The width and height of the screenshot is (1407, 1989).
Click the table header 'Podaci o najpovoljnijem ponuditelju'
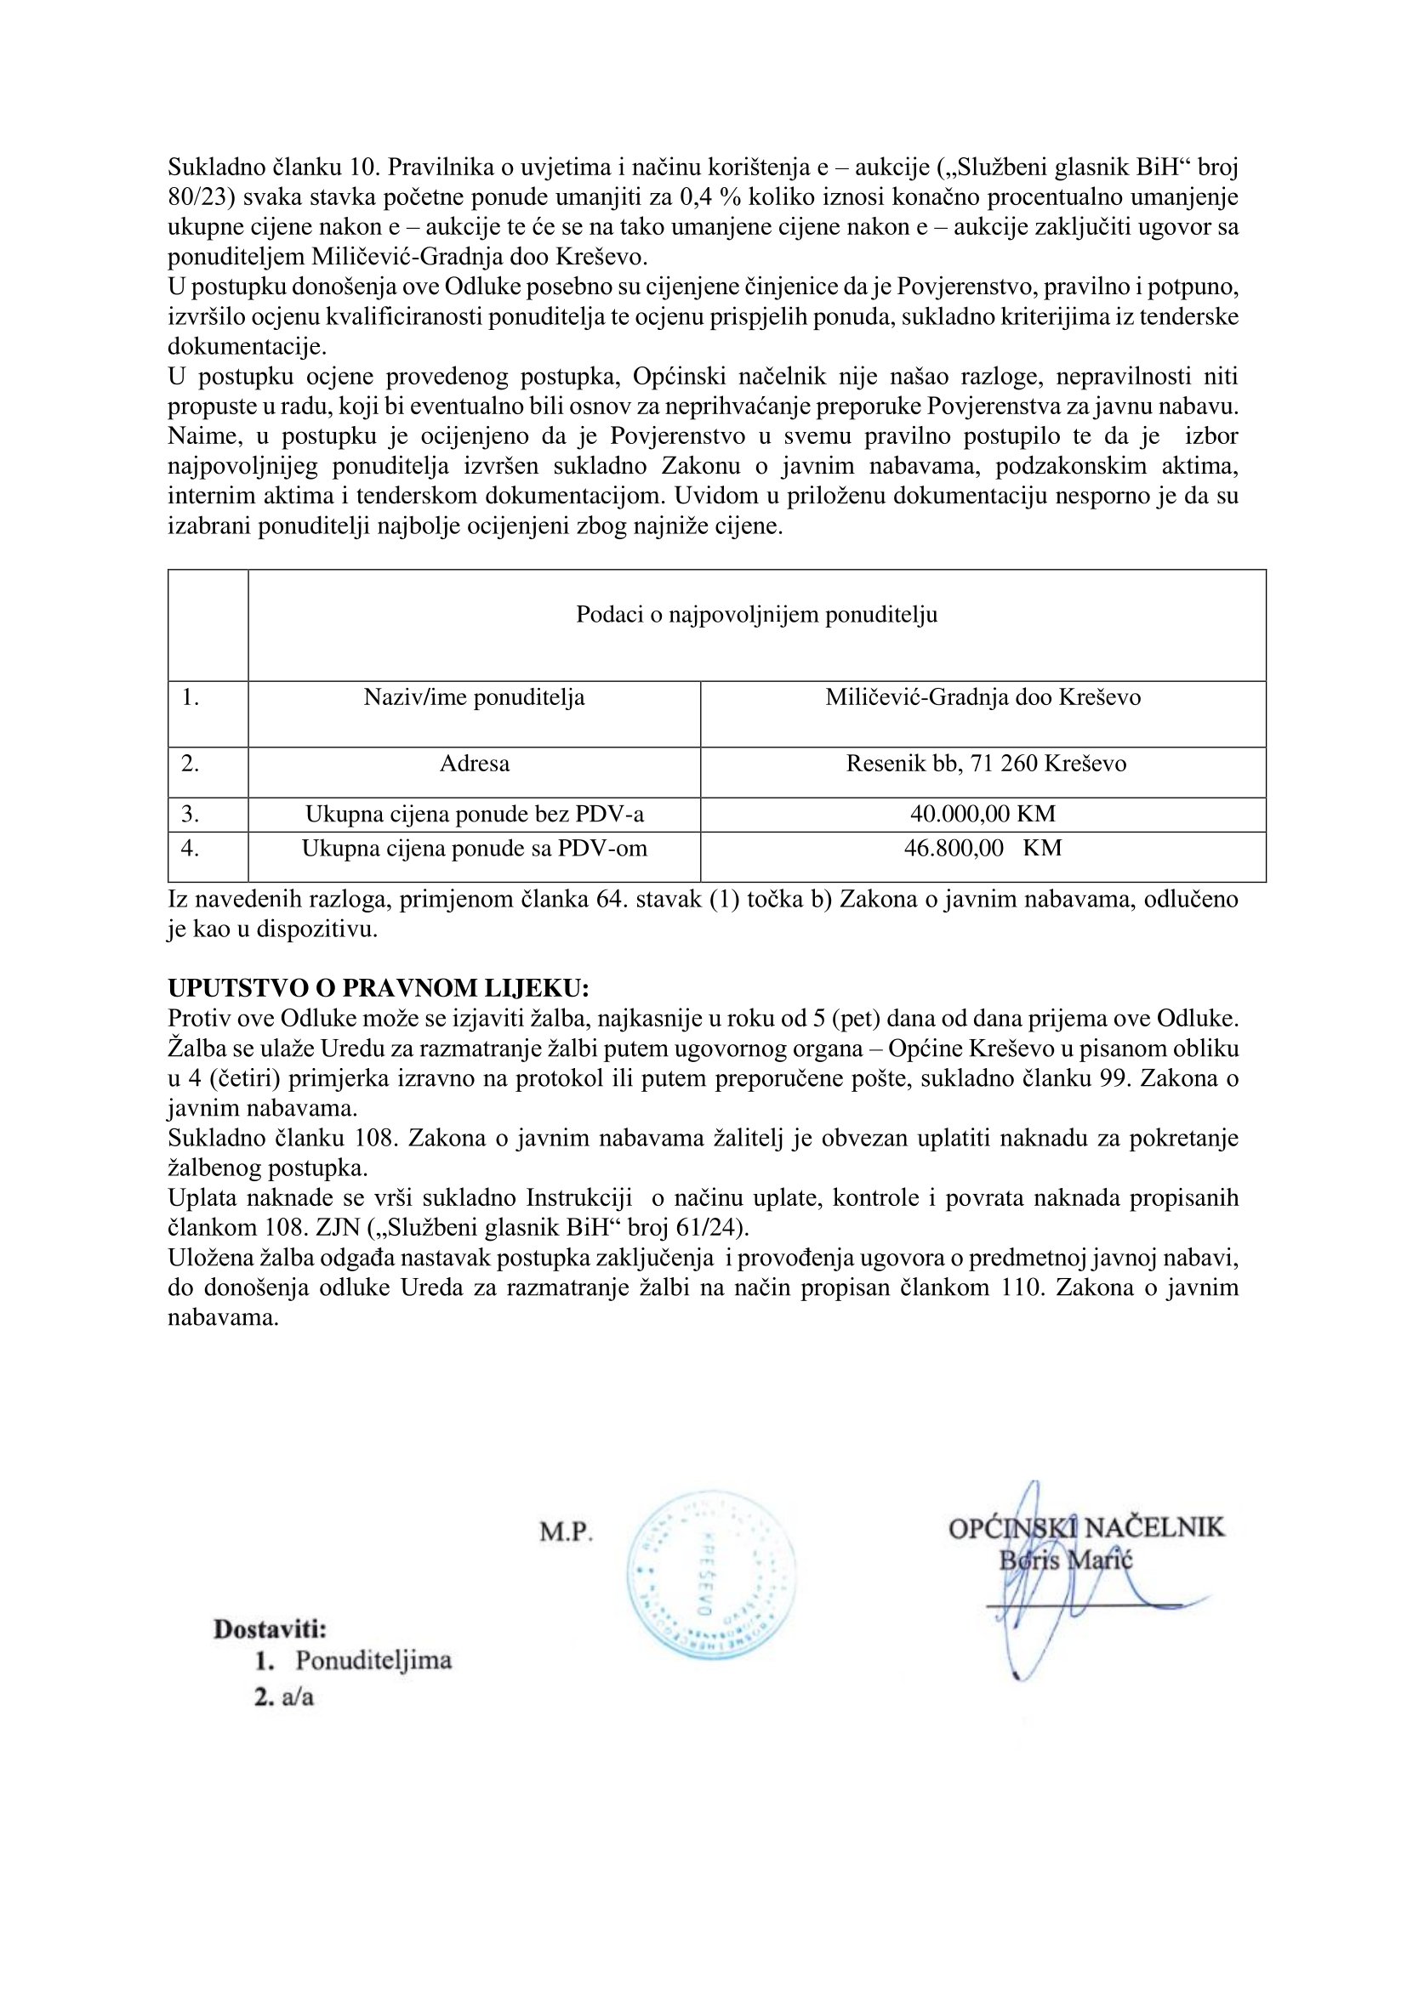pos(756,615)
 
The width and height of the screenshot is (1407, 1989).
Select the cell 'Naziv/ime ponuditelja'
pos(474,697)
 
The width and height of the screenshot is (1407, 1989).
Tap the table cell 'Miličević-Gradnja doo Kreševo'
pos(983,697)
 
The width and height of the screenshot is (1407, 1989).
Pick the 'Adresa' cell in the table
pos(474,764)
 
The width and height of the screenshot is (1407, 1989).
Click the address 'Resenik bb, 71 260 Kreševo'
pos(986,764)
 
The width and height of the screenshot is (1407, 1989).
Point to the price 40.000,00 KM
pos(983,815)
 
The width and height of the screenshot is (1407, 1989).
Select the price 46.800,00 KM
pos(983,848)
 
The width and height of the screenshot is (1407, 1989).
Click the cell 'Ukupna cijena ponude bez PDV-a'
pos(474,815)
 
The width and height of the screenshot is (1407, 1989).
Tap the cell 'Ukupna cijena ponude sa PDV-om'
pos(474,848)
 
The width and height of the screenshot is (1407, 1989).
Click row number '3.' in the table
pos(191,815)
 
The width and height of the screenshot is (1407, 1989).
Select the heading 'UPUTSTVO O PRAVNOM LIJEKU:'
pos(378,988)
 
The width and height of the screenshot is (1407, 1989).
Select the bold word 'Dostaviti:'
pos(271,1629)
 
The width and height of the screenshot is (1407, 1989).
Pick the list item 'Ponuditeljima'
pos(373,1661)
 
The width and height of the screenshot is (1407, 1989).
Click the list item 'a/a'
pos(297,1697)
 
